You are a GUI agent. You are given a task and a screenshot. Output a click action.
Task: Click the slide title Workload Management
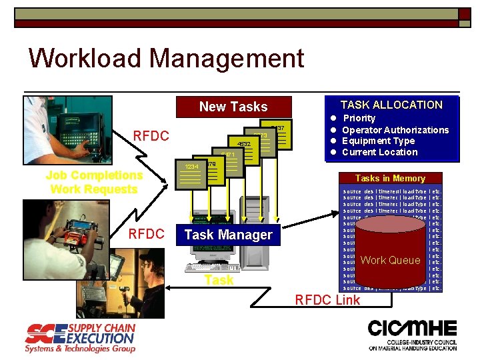tap(166, 58)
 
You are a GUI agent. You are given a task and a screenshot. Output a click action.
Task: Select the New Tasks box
tap(233, 107)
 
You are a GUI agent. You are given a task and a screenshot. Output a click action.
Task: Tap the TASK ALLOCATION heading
tap(391, 105)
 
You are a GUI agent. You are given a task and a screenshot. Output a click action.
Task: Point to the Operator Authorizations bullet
tap(395, 130)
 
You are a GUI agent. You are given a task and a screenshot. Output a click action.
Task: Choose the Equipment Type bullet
tap(378, 141)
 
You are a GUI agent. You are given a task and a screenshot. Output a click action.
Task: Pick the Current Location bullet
tap(379, 152)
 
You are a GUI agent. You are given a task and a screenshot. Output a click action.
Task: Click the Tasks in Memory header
tap(390, 178)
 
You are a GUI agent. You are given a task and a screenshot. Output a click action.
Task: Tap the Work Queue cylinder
tap(390, 254)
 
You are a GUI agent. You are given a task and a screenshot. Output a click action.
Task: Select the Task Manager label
tap(228, 235)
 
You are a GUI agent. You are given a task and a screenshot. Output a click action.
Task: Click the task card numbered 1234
tap(191, 167)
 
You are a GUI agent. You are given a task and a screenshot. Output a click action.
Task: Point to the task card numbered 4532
tap(243, 143)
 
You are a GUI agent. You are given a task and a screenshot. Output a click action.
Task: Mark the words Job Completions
tap(94, 175)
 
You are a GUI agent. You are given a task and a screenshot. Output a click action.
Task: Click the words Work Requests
tap(94, 189)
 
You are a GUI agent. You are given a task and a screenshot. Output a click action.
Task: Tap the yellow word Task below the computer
tap(219, 280)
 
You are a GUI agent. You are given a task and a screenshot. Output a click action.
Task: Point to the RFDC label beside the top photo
tap(151, 136)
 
